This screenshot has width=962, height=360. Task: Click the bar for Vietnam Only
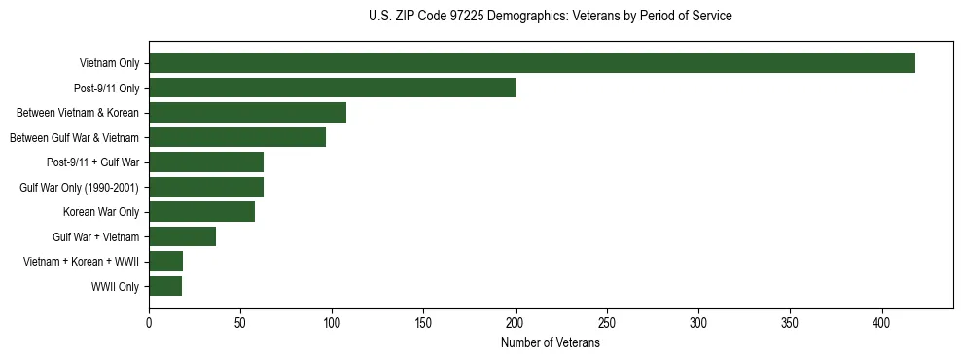[x=531, y=63]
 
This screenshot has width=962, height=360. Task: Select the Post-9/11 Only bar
[x=332, y=88]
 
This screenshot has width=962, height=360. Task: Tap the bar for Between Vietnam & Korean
[x=247, y=113]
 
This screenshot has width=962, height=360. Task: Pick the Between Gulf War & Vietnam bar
[x=237, y=137]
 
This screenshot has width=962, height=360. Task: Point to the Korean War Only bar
[x=201, y=212]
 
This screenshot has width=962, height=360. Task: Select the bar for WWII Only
[x=165, y=286]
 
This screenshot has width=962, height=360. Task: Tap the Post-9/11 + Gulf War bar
[x=206, y=162]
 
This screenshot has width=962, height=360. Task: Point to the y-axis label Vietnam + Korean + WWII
[x=82, y=262]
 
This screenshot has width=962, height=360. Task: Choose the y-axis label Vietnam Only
[x=110, y=63]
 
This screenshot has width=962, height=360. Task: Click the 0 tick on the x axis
[x=149, y=322]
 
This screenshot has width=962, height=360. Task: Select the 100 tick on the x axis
[x=332, y=322]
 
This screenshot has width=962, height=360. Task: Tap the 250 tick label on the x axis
[x=607, y=322]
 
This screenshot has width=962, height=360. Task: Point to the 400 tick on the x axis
[x=882, y=322]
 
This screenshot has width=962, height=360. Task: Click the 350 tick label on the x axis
[x=790, y=322]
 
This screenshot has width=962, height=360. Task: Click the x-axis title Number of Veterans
[x=551, y=343]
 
